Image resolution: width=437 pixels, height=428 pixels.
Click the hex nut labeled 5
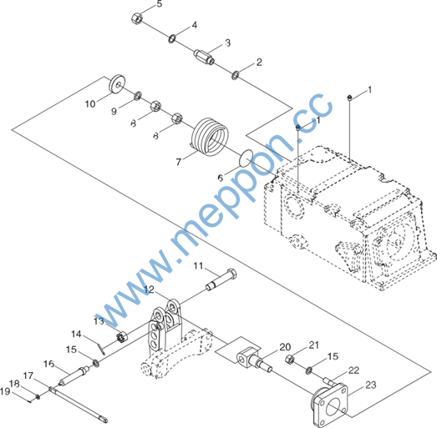click(136, 18)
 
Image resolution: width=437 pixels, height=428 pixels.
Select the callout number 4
click(194, 25)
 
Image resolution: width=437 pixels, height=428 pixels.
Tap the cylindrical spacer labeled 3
click(204, 57)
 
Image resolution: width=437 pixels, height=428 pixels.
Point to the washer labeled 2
click(236, 75)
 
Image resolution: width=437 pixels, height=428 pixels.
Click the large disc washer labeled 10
click(116, 84)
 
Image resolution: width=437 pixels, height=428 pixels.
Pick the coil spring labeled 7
click(210, 135)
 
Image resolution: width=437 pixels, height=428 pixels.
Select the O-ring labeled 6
click(246, 158)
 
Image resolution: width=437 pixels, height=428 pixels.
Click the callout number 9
click(114, 111)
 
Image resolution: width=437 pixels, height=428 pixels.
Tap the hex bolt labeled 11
click(221, 280)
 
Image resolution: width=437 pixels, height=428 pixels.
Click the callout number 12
click(149, 290)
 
